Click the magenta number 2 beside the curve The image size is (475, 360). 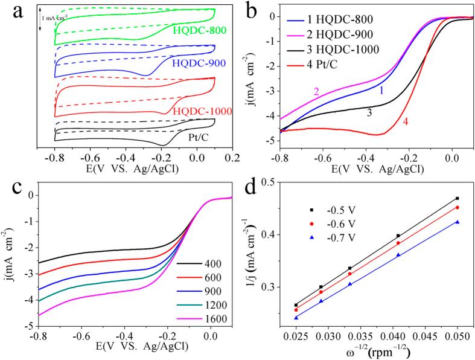(x=315, y=92)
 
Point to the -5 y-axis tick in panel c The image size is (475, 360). (x=28, y=326)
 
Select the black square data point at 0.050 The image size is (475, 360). (x=457, y=198)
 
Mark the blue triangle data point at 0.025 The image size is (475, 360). (x=296, y=318)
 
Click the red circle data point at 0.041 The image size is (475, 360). (x=398, y=243)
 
